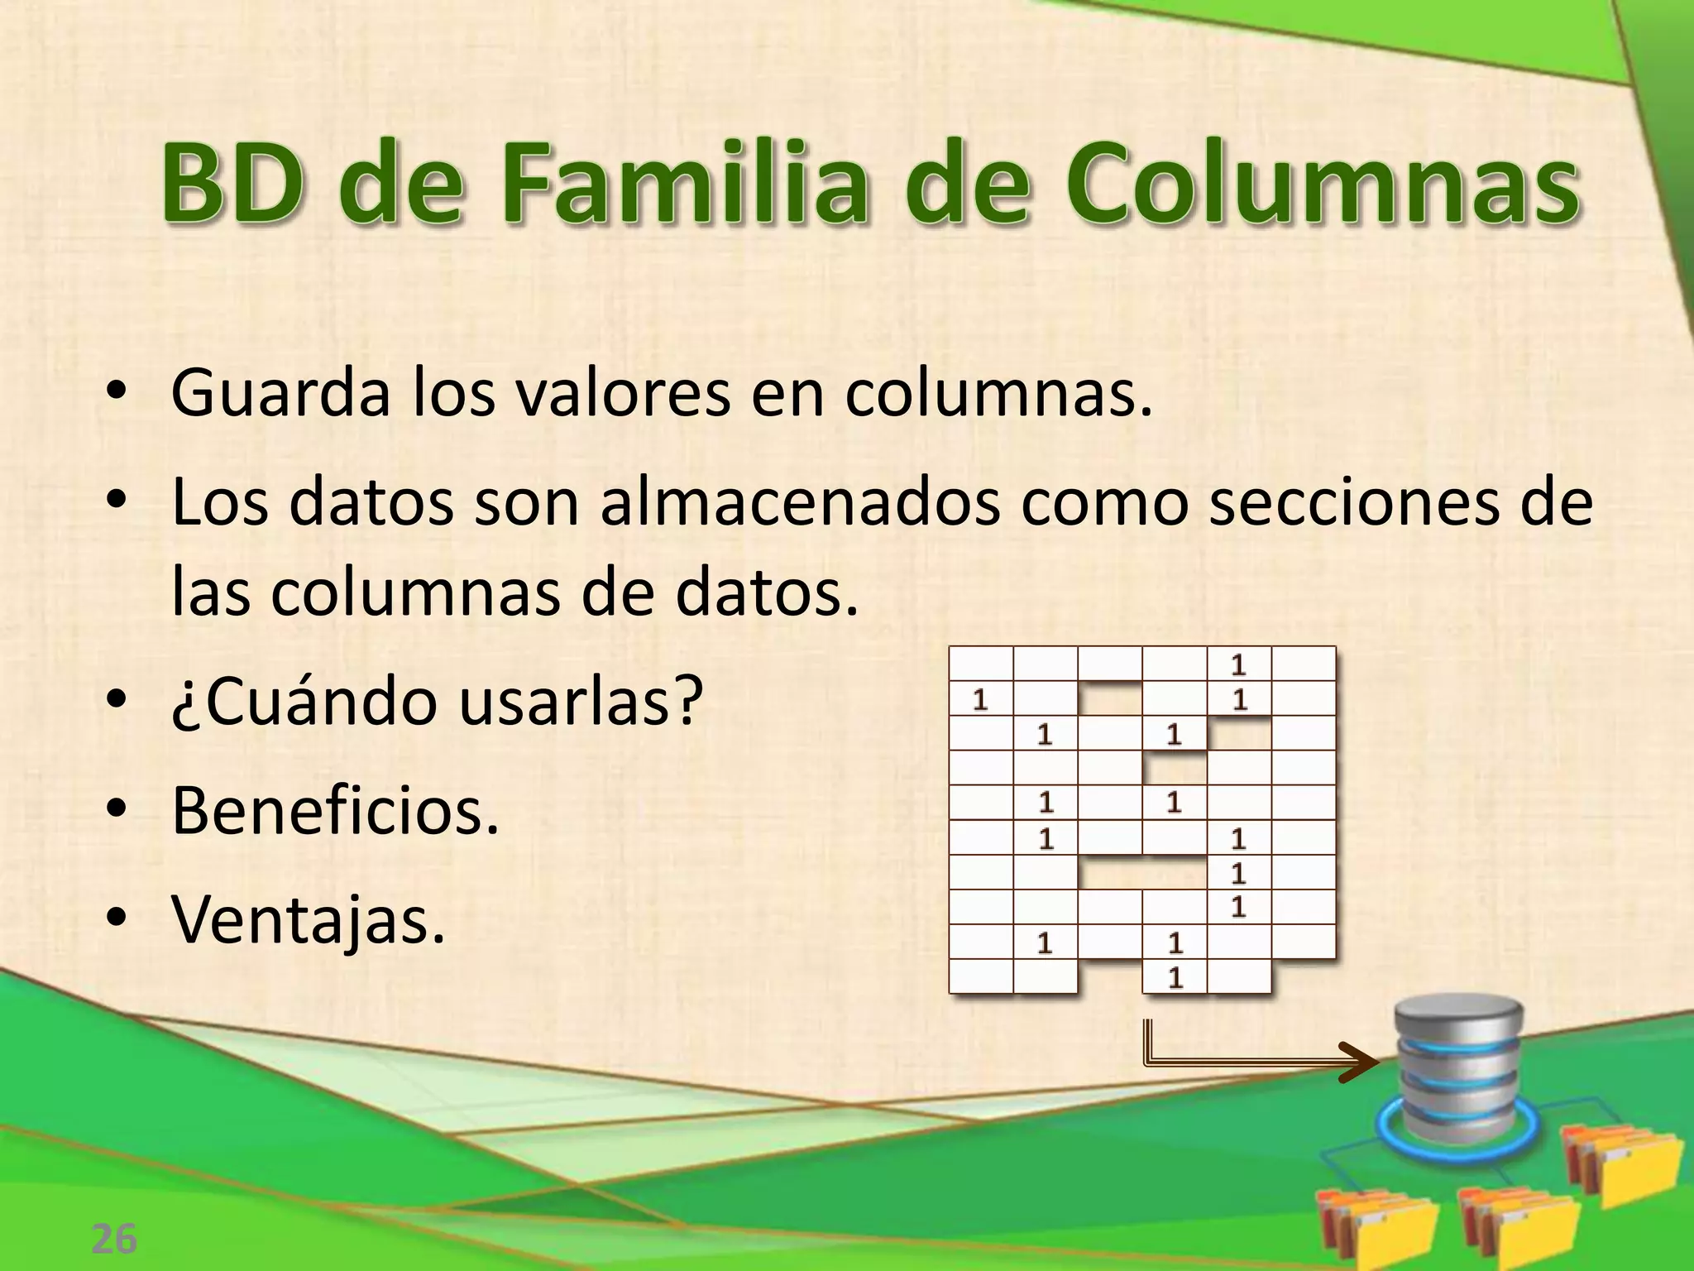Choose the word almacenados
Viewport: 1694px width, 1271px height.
[x=800, y=503]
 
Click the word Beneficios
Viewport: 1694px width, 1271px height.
[x=335, y=811]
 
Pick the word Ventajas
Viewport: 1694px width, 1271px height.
[x=308, y=920]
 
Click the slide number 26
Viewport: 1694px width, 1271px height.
[x=113, y=1239]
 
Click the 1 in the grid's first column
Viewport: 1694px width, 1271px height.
[x=980, y=700]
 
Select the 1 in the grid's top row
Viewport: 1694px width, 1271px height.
[x=1238, y=664]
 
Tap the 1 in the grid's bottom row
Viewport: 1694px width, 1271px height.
[x=1175, y=978]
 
